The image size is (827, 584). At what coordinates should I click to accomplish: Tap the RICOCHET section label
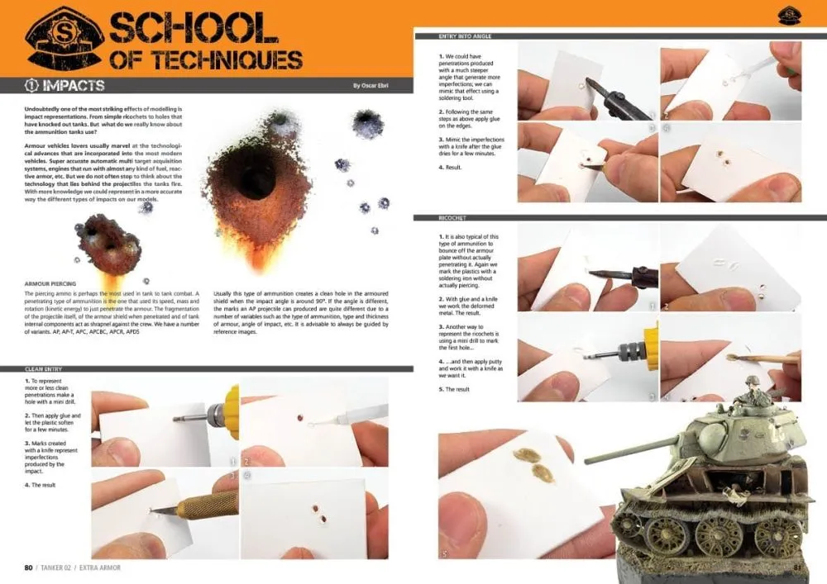pyautogui.click(x=457, y=218)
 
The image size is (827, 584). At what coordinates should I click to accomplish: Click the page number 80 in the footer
pyautogui.click(x=28, y=567)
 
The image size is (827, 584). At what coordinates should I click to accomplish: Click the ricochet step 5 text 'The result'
pyautogui.click(x=456, y=388)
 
